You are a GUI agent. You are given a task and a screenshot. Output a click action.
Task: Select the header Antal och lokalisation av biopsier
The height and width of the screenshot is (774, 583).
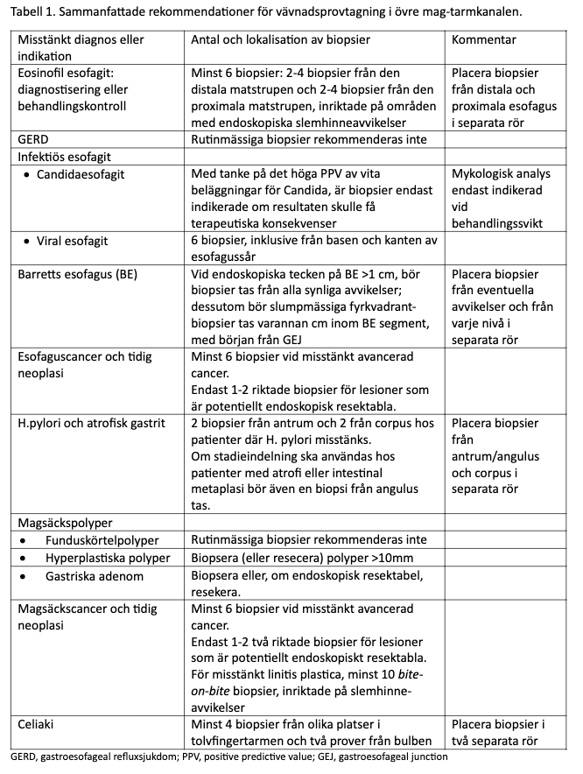(x=280, y=40)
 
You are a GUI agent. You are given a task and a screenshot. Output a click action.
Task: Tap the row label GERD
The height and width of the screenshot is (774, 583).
(x=34, y=139)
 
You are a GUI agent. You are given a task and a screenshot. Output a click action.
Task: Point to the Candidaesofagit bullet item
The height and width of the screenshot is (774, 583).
(x=81, y=173)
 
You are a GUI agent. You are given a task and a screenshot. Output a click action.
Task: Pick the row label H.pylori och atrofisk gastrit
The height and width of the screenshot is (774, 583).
(x=91, y=423)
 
